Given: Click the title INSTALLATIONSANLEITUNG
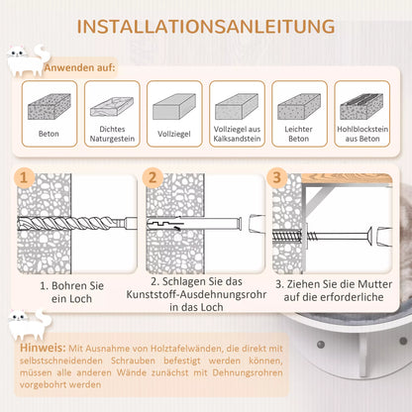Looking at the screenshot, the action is coord(206,27).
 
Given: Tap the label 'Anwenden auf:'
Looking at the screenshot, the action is coord(80,68).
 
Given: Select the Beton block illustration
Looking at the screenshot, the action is coord(50,106).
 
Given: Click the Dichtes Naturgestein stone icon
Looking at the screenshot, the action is coord(112,107).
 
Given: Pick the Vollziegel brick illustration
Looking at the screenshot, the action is coord(174,106).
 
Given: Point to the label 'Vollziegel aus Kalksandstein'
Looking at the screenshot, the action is coord(237,134).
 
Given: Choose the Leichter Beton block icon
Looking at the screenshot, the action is coord(299,106).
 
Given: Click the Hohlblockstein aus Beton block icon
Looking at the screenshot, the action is coord(361,106).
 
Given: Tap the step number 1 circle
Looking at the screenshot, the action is coord(24,177).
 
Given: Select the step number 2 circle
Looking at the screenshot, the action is coord(153,177).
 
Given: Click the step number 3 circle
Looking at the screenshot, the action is coord(276,177).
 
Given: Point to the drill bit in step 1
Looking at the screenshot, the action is coord(76,224).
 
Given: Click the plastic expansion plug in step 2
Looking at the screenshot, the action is coord(194,223).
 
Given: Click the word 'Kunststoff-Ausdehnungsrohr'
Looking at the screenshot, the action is coord(196,294).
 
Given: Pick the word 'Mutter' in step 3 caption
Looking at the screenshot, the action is coord(375,284).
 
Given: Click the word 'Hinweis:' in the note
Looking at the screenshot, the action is coord(43,348).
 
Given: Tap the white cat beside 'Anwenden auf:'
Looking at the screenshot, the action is coord(28,60).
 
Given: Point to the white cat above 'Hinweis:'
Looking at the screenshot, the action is coord(30,325).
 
